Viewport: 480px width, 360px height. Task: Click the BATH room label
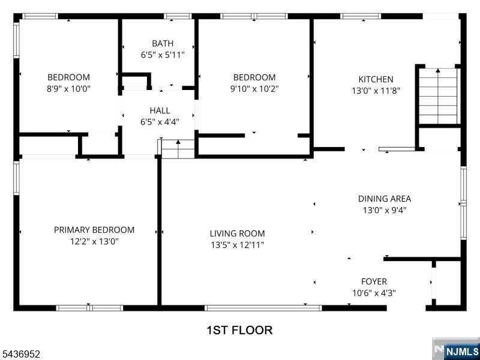163,43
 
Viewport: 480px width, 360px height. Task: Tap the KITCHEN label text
376,79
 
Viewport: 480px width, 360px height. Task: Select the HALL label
160,110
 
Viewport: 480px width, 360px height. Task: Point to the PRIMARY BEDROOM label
94,230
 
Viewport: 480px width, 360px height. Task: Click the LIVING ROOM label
237,233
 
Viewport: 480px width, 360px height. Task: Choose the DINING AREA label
385,199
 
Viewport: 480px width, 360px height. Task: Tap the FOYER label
374,281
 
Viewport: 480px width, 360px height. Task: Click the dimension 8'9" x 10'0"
68,89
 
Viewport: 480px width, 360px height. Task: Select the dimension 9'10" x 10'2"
254,89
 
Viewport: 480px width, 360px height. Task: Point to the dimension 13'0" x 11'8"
376,91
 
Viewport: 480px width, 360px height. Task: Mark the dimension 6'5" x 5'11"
163,55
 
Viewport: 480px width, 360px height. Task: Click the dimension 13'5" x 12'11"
237,245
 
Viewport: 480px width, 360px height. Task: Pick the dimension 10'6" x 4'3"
374,293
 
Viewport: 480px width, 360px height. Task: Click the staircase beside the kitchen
439,96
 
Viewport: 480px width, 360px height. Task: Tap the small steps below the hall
178,149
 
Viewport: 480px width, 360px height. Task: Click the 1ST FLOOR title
239,331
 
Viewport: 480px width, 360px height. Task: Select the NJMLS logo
456,349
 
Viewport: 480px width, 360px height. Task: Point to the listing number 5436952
20,355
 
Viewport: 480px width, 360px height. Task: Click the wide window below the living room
263,308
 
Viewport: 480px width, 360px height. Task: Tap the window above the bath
178,16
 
